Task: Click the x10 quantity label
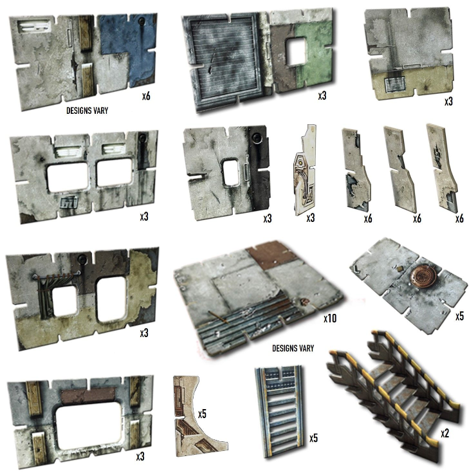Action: click(x=330, y=318)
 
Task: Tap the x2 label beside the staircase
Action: click(x=444, y=434)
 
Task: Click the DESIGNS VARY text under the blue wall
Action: click(x=87, y=111)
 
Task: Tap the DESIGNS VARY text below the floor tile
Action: click(x=293, y=348)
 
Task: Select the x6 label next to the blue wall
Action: click(x=146, y=96)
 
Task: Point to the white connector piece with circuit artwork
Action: click(x=305, y=170)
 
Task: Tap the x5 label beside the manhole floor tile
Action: click(x=460, y=316)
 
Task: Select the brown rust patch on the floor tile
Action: click(x=270, y=254)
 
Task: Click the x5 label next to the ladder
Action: click(x=314, y=438)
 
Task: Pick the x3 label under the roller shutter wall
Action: click(x=322, y=96)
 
